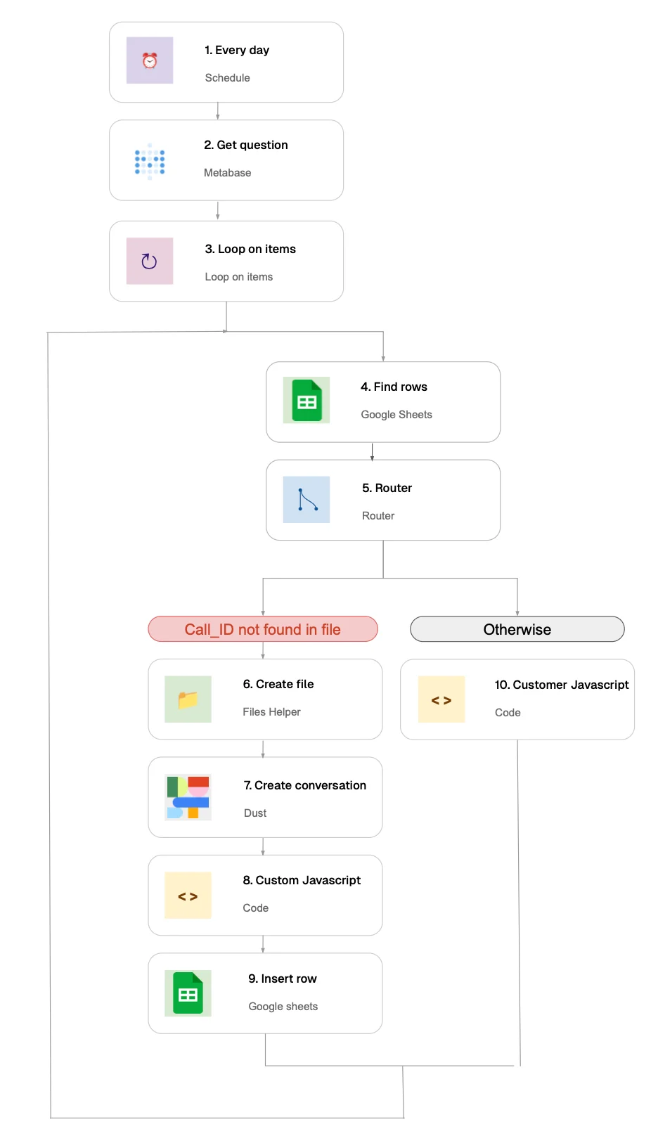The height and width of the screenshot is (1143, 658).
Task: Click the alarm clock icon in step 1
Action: pyautogui.click(x=150, y=60)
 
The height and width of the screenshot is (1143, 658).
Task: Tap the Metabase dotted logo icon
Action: pyautogui.click(x=150, y=162)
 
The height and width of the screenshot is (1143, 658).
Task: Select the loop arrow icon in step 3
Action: pyautogui.click(x=149, y=261)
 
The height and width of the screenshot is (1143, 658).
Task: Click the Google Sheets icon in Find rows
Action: pyautogui.click(x=307, y=401)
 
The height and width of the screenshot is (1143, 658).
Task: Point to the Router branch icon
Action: pyautogui.click(x=307, y=500)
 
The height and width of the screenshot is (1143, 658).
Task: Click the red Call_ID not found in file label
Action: pyautogui.click(x=263, y=629)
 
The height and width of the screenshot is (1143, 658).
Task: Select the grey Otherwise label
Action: pyautogui.click(x=517, y=629)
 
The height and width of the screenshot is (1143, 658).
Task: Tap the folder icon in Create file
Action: pyautogui.click(x=188, y=699)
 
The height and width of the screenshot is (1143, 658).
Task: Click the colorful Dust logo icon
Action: pyautogui.click(x=188, y=797)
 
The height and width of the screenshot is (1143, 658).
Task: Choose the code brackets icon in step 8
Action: pyautogui.click(x=188, y=896)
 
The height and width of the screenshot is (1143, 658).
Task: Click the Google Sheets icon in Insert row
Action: pyautogui.click(x=188, y=993)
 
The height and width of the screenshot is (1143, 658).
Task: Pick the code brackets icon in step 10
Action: pyautogui.click(x=441, y=700)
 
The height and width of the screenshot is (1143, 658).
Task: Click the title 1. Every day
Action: pyautogui.click(x=237, y=50)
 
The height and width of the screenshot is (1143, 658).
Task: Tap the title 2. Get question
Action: pyautogui.click(x=246, y=145)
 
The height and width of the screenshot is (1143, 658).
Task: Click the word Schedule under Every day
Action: pyautogui.click(x=227, y=78)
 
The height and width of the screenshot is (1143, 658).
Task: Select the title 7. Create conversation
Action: pyautogui.click(x=304, y=785)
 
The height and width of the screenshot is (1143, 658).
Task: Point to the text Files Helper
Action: pyautogui.click(x=271, y=712)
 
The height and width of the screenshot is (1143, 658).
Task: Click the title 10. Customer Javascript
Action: pyautogui.click(x=562, y=685)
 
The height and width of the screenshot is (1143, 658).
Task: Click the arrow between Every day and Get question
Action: pyautogui.click(x=218, y=111)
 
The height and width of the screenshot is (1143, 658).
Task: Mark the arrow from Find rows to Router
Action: pyautogui.click(x=372, y=451)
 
